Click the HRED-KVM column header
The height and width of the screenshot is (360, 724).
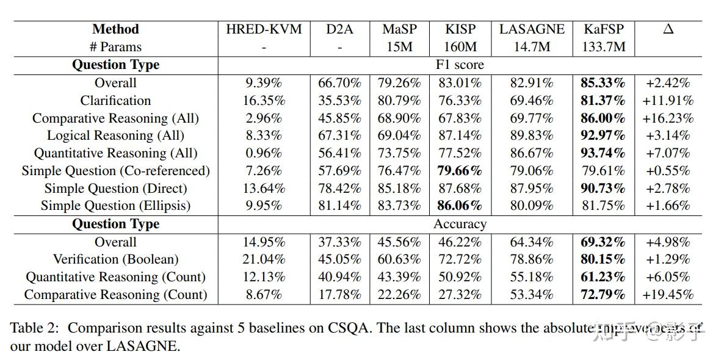point(264,29)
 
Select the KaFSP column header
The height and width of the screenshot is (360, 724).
point(604,29)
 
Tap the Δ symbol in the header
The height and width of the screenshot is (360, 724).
point(668,29)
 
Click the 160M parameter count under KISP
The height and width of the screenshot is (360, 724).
point(460,46)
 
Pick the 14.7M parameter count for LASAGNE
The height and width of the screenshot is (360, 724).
point(531,46)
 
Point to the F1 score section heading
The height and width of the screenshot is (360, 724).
point(460,65)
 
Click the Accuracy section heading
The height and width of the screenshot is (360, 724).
point(460,224)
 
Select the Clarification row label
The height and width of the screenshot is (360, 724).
point(115,100)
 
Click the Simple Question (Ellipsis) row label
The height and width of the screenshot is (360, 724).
point(115,206)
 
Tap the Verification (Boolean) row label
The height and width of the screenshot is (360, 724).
point(115,259)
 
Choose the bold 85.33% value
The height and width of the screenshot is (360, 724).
point(603,82)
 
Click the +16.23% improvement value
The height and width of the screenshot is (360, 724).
point(668,118)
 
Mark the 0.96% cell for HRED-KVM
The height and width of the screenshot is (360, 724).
point(264,153)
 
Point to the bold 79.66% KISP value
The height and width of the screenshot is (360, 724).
point(460,171)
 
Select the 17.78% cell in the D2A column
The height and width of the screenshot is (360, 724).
point(339,295)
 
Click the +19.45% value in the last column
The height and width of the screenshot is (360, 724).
point(668,295)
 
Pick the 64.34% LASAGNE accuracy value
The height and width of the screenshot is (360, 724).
point(531,242)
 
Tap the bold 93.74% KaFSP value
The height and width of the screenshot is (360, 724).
point(603,153)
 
